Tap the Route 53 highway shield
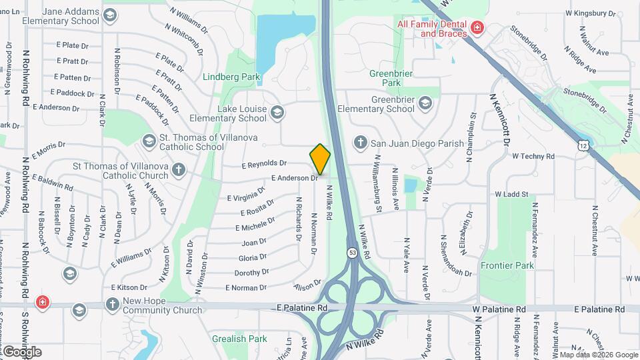pos(351,253)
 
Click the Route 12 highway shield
pos(583,145)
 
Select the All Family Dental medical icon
pos(477,27)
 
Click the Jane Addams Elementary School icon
pos(110,15)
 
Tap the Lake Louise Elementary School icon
pos(277,113)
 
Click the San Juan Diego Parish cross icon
pos(360,142)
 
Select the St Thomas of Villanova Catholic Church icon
pos(178,170)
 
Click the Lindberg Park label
pos(231,77)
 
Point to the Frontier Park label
pos(507,265)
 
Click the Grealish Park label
pos(239,339)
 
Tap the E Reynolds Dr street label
pos(264,163)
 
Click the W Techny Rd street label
pos(533,156)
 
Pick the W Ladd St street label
pos(511,194)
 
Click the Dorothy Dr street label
pos(251,272)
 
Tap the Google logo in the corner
pos(21,352)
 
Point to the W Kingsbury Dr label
pos(590,13)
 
